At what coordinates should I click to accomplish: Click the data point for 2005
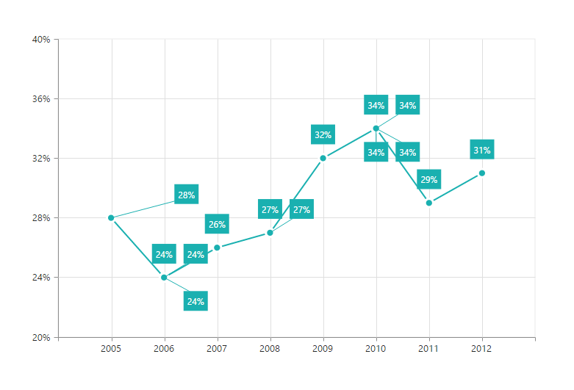[x=111, y=218]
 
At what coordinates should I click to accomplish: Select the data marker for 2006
[x=164, y=278]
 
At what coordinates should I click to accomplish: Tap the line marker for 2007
[x=217, y=248]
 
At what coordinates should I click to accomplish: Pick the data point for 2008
[x=270, y=233]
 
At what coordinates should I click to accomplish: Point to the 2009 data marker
[x=323, y=158]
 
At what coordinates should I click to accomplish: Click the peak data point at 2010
[x=376, y=129]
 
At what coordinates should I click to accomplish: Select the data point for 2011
[x=429, y=203]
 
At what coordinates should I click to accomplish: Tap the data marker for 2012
[x=482, y=173]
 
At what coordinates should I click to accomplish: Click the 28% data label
[x=187, y=195]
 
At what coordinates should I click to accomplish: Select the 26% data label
[x=217, y=225]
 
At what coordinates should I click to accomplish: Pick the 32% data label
[x=323, y=135]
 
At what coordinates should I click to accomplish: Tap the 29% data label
[x=428, y=180]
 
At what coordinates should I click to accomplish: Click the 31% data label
[x=482, y=151]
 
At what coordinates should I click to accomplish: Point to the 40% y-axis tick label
[x=40, y=40]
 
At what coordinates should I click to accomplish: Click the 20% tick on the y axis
[x=40, y=338]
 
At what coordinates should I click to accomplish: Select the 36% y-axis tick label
[x=40, y=99]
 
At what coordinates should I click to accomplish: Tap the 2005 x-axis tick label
[x=111, y=350]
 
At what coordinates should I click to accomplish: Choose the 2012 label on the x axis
[x=482, y=350]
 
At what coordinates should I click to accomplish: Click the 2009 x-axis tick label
[x=323, y=350]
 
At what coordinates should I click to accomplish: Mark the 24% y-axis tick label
[x=40, y=278]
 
